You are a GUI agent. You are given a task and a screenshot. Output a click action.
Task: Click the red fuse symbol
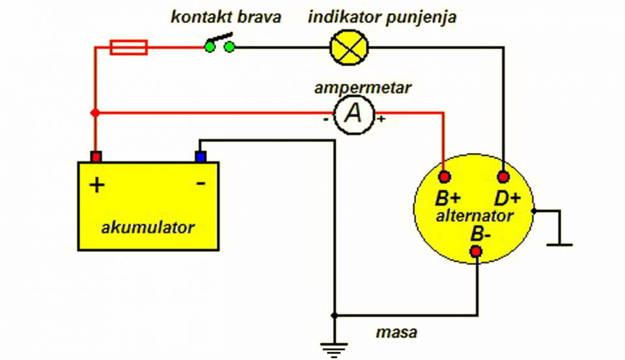point(129,47)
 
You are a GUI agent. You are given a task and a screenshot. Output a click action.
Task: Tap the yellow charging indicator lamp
point(349,48)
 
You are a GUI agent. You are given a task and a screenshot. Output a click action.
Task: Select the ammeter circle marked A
point(354,114)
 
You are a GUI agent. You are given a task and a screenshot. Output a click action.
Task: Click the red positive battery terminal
point(96,156)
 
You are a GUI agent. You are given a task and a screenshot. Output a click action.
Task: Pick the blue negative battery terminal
point(201,156)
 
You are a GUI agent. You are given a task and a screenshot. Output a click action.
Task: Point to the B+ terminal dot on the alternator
point(445,176)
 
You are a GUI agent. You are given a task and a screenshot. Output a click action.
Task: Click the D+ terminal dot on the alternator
point(504,176)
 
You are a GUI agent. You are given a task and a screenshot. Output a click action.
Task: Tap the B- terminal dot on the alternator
point(476,251)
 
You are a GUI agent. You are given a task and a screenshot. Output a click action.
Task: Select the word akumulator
point(148,228)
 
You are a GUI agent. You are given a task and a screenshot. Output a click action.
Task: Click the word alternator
point(475,216)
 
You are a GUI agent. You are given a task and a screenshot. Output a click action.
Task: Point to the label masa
point(396,333)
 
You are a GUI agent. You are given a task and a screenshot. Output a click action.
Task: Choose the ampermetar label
point(363,88)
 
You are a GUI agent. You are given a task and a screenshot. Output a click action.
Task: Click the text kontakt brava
point(226,17)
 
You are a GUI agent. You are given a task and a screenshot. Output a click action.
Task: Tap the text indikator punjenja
point(382,18)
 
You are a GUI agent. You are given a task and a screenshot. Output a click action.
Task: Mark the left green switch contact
point(210,48)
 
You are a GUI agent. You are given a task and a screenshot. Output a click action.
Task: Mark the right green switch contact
point(230,48)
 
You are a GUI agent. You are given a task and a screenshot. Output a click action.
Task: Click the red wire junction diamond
point(95,113)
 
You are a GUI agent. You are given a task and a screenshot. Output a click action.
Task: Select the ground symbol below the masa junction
point(334,350)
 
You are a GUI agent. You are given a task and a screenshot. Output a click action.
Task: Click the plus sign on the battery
point(97,185)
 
